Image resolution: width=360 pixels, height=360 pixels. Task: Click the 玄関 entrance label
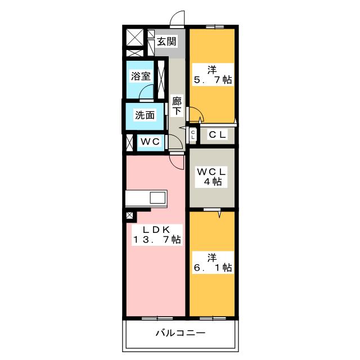(x=166, y=41)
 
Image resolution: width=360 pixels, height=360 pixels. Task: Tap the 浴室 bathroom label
(x=141, y=76)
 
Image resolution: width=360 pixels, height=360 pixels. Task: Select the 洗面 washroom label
(x=144, y=115)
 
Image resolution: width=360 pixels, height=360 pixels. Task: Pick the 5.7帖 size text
(x=212, y=80)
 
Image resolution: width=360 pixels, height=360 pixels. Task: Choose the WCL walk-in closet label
(x=211, y=170)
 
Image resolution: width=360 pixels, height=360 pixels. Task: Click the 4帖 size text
(x=211, y=182)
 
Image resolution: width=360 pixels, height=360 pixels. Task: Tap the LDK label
(x=156, y=229)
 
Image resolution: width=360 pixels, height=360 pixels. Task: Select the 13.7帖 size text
(x=156, y=240)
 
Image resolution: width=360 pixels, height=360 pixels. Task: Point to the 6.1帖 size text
(x=212, y=268)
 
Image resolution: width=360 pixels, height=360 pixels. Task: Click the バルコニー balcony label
(x=180, y=333)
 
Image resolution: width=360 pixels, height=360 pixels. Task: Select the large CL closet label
(x=218, y=134)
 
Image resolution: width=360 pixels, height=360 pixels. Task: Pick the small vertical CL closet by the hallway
(x=193, y=134)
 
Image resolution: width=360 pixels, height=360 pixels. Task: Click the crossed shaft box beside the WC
(x=129, y=142)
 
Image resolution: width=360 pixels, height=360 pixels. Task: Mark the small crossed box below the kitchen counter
(x=130, y=215)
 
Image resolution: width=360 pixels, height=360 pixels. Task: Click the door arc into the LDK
(x=177, y=162)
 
